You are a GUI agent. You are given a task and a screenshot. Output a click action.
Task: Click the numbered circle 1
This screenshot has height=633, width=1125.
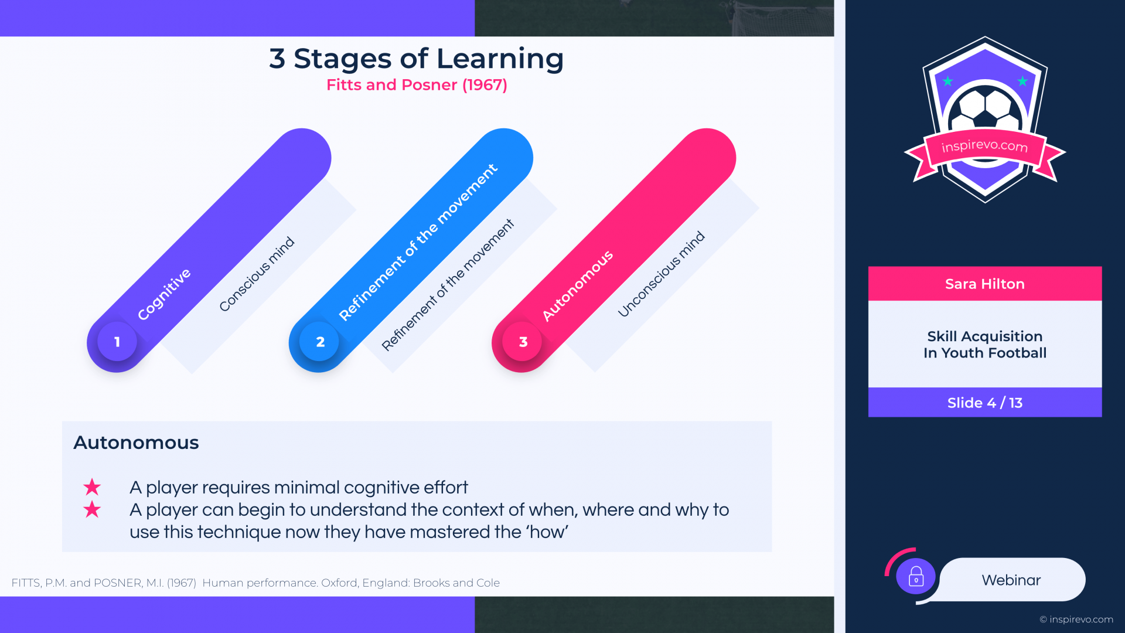pyautogui.click(x=117, y=342)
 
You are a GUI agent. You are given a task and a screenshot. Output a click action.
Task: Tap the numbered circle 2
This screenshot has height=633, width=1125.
pyautogui.click(x=319, y=342)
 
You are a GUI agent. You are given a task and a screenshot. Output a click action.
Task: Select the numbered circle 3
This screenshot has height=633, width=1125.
pyautogui.click(x=523, y=342)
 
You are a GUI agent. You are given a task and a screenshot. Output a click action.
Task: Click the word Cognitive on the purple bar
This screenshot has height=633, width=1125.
pyautogui.click(x=164, y=294)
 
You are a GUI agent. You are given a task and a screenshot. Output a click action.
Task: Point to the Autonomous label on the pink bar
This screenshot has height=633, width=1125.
pyautogui.click(x=578, y=285)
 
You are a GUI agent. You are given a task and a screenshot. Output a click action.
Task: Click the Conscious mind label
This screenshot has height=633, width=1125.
pyautogui.click(x=257, y=274)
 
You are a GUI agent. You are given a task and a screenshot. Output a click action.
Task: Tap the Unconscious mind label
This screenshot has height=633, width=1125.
pyautogui.click(x=661, y=274)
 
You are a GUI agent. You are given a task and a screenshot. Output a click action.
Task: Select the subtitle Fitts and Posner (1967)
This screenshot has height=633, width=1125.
pyautogui.click(x=417, y=85)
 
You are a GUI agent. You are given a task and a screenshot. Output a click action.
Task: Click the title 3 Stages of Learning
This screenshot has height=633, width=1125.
pyautogui.click(x=416, y=59)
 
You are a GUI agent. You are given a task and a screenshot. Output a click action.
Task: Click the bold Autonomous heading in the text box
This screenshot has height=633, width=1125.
pyautogui.click(x=136, y=443)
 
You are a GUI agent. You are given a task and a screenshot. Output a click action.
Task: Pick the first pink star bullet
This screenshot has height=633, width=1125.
pyautogui.click(x=92, y=487)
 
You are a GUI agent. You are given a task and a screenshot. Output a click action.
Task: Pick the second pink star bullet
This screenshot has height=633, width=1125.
pyautogui.click(x=92, y=509)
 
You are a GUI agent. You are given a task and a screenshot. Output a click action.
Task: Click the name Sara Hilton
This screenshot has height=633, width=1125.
pyautogui.click(x=985, y=284)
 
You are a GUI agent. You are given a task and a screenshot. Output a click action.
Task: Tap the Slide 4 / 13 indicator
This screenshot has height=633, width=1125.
pyautogui.click(x=985, y=403)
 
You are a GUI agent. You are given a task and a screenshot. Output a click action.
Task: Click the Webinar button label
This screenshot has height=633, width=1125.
pyautogui.click(x=1011, y=580)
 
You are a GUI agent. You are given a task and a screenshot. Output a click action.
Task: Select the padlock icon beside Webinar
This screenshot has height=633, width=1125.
pyautogui.click(x=916, y=577)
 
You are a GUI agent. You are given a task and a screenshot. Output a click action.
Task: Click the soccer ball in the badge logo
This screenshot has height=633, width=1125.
pyautogui.click(x=986, y=108)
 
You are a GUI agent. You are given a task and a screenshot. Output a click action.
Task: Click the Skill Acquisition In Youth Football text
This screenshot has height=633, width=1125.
pyautogui.click(x=985, y=345)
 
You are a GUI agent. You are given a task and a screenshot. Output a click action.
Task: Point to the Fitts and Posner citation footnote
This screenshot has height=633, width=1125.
pyautogui.click(x=255, y=583)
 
